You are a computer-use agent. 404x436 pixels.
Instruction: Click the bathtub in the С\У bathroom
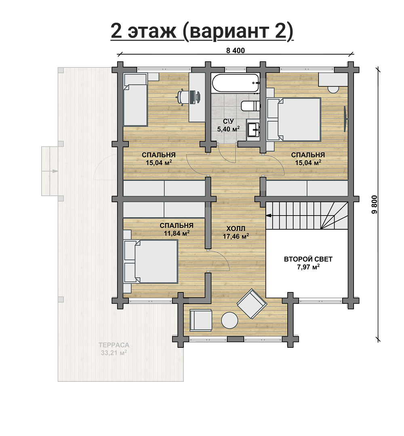point(236,83)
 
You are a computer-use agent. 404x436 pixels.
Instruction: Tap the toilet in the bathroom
point(250,106)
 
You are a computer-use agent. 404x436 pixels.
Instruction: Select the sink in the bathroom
point(253,129)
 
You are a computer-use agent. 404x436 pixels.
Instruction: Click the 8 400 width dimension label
point(236,51)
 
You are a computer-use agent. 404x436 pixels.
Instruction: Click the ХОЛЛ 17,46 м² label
point(236,233)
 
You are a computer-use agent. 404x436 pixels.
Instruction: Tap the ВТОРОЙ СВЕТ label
point(308,259)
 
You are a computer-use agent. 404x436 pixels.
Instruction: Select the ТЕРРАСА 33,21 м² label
point(114,349)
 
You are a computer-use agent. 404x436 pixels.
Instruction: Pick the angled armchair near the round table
point(252,304)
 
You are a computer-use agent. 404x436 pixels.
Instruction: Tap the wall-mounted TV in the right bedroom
point(345,119)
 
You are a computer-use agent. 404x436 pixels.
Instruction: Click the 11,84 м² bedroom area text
point(177,233)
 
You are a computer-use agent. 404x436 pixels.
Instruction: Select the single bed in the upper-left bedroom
point(135,100)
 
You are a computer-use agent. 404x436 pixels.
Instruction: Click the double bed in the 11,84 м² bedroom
point(151,262)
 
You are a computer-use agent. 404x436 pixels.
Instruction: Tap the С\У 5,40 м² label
point(228,125)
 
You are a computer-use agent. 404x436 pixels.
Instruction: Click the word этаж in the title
point(152,31)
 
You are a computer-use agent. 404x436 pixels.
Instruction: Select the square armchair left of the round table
point(201,320)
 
